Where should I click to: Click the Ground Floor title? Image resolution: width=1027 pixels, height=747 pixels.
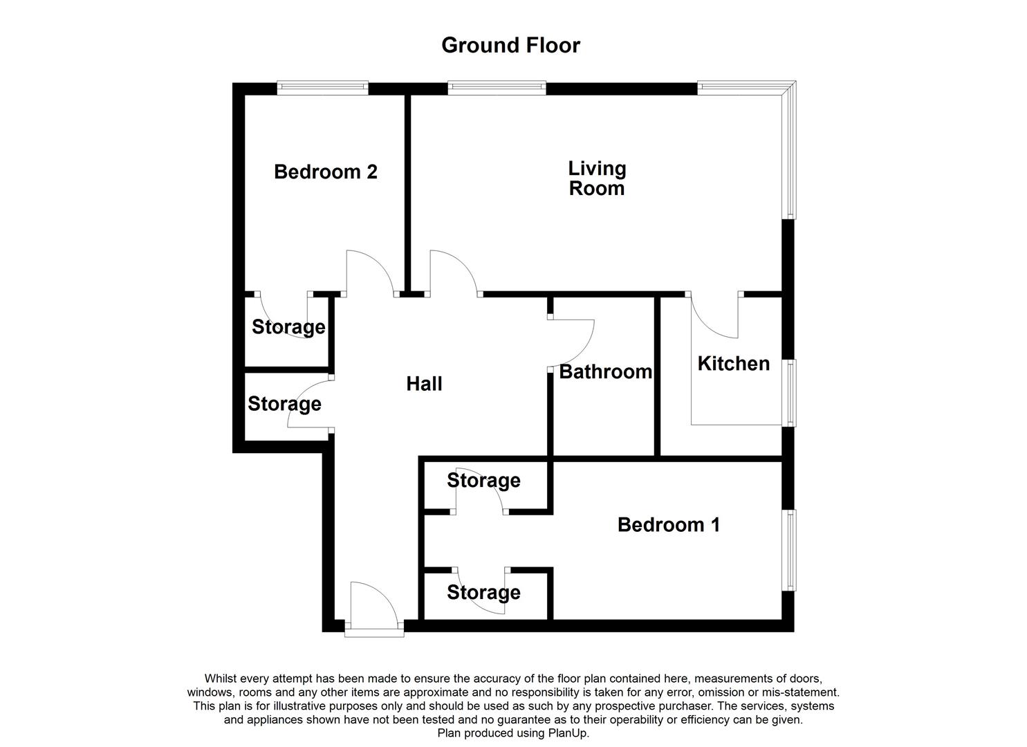point(511,46)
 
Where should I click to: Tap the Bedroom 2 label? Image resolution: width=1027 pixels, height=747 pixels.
point(326,172)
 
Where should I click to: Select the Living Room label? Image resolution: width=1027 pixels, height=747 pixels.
point(597,178)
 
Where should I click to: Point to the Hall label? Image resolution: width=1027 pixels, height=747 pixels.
point(424,384)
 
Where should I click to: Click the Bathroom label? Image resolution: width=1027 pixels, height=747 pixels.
point(606,371)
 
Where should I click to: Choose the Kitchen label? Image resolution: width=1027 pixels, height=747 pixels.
point(734,364)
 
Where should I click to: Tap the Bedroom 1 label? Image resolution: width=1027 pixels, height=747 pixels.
point(669,524)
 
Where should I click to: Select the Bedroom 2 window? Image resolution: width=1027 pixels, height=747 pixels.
point(323,88)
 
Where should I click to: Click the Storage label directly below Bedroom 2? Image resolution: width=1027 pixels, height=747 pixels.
point(288,327)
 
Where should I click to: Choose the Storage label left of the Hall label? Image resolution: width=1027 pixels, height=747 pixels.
point(284,405)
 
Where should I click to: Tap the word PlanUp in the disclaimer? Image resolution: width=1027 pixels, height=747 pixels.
point(568,733)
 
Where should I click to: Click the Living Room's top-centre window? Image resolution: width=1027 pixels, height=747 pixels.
point(497,88)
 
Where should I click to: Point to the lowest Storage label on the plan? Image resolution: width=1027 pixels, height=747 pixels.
point(483,593)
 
